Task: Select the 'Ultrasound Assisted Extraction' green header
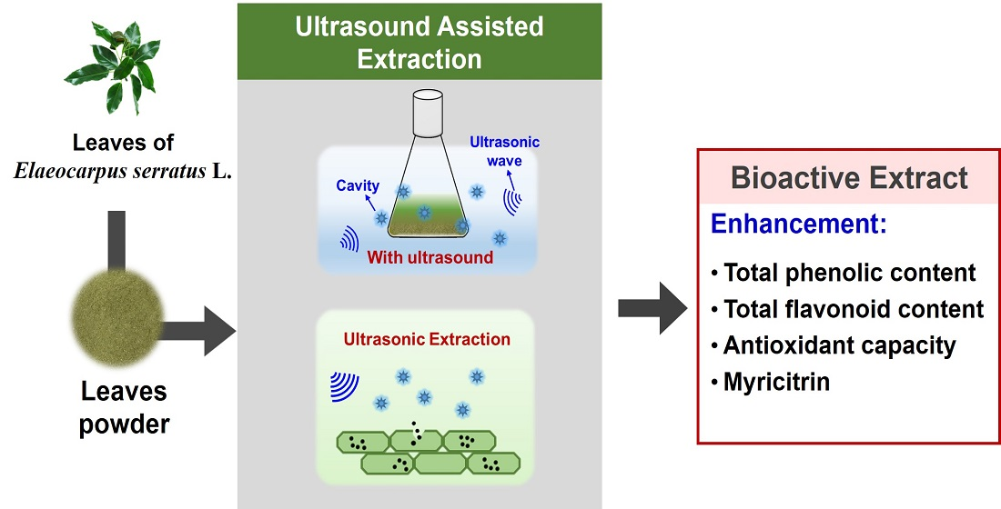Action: (x=419, y=41)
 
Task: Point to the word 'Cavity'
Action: (x=357, y=185)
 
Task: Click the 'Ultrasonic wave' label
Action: (x=504, y=151)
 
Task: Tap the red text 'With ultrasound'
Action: (x=430, y=257)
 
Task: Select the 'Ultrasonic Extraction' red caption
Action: (x=427, y=339)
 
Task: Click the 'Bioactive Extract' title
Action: (x=850, y=178)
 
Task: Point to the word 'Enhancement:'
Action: (x=799, y=224)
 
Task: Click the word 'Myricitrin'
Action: (x=776, y=382)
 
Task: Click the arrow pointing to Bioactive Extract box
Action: (x=652, y=308)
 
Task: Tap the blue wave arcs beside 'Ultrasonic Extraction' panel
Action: (x=344, y=384)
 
